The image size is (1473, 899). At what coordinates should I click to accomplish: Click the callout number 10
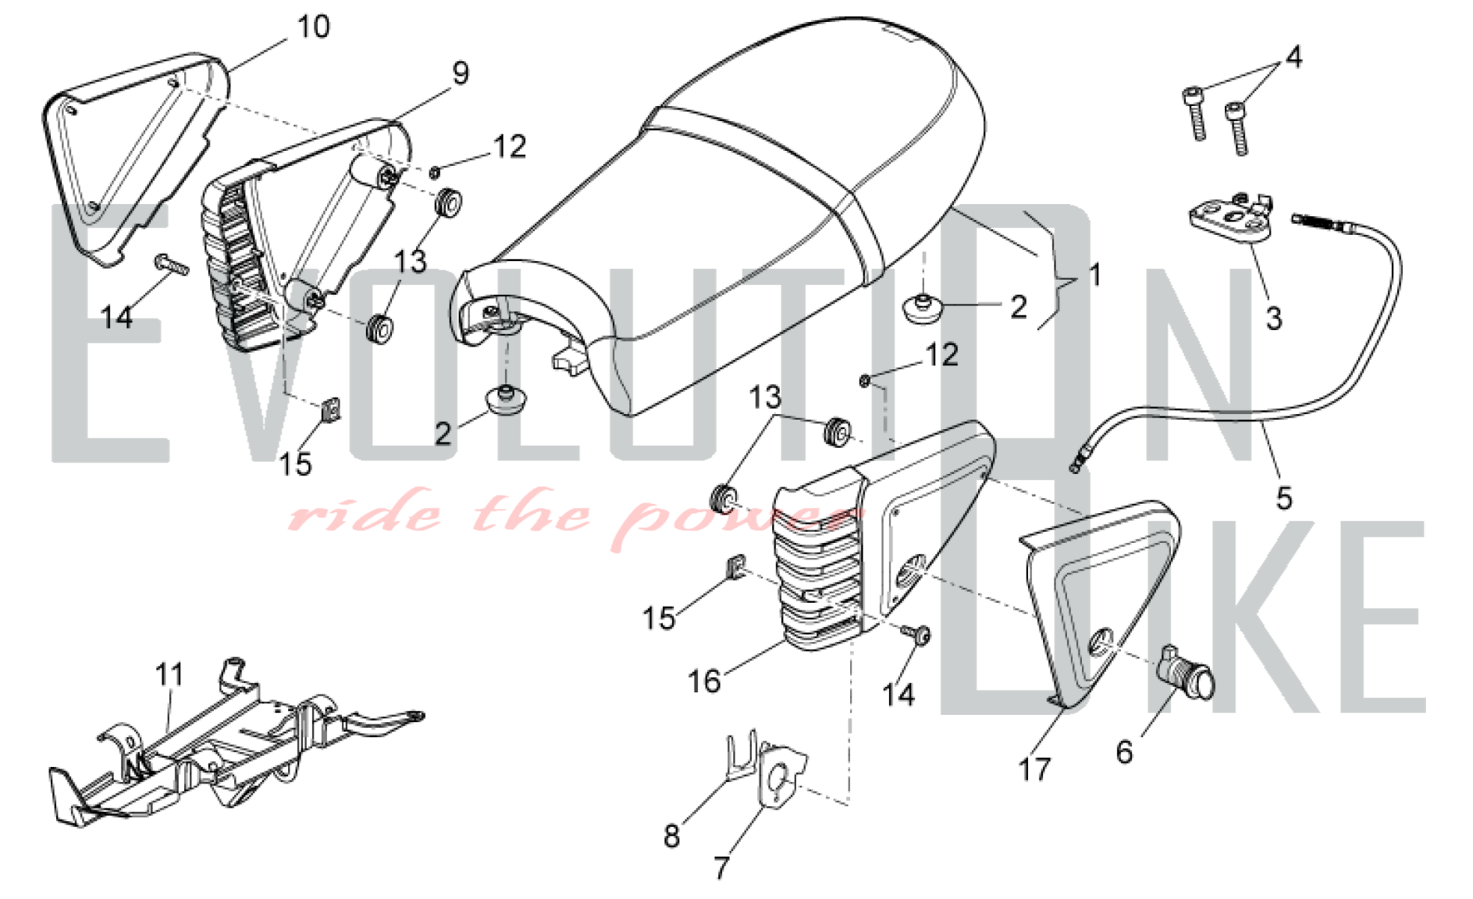313,27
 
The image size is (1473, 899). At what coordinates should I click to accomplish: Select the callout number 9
460,73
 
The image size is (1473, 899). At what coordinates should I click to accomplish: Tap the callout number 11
169,674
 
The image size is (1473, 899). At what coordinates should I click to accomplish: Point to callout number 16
703,682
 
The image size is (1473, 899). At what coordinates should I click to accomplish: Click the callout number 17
1033,770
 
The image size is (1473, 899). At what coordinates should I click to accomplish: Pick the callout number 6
1124,752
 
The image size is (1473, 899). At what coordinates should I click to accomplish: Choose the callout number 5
1284,499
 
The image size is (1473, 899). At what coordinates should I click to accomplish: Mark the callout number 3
1273,318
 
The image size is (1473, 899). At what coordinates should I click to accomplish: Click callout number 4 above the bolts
1293,57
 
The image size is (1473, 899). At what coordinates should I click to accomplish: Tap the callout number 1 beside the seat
1095,275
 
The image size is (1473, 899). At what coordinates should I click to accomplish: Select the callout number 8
671,836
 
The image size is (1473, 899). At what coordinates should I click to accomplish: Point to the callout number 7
721,867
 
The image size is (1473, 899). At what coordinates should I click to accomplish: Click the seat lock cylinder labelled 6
1186,671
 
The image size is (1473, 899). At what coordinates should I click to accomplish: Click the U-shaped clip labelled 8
740,755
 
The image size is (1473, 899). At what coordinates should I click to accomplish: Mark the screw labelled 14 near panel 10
172,264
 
